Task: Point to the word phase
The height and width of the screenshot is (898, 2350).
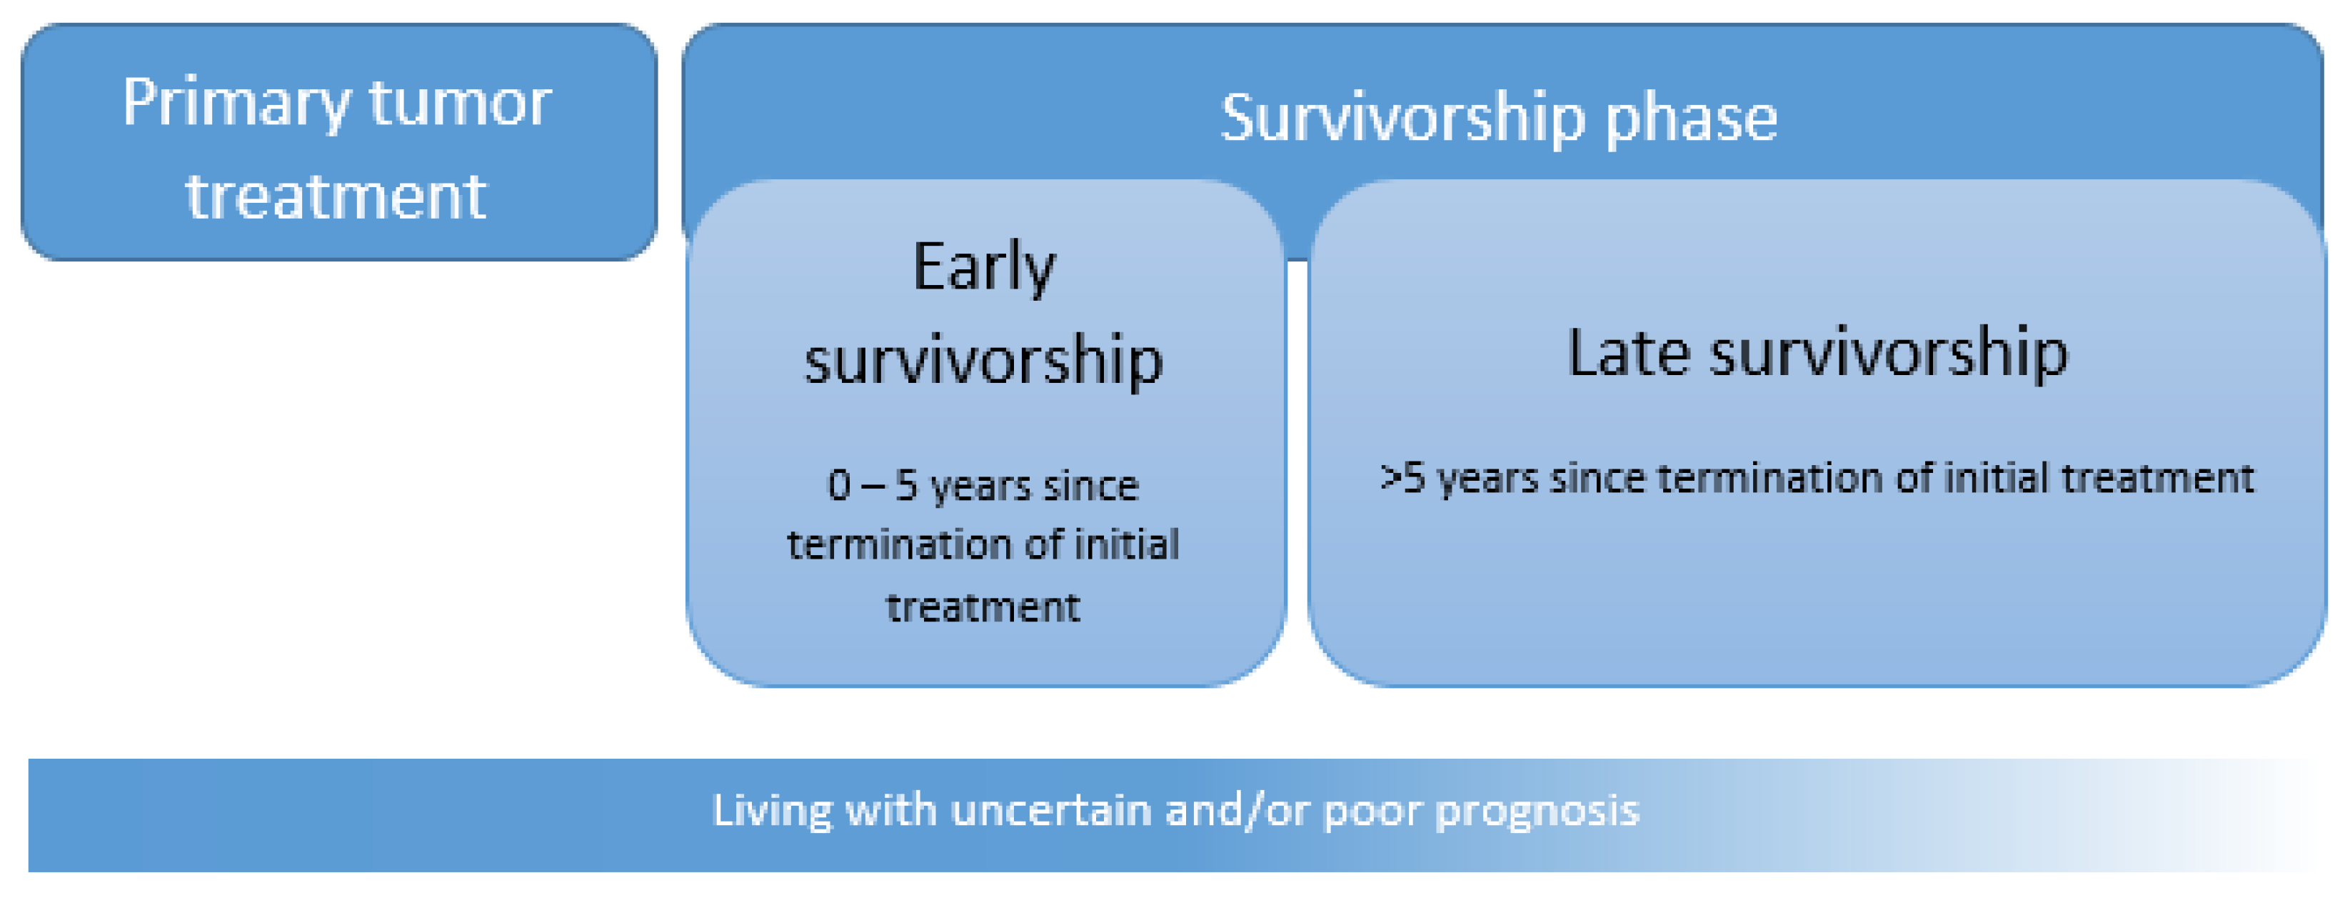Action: tap(1692, 119)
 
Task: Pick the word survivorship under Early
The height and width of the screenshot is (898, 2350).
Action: tap(983, 361)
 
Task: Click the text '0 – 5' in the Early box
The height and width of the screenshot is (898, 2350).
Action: tap(872, 486)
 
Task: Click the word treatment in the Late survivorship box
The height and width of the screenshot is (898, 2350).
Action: tap(2157, 478)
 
